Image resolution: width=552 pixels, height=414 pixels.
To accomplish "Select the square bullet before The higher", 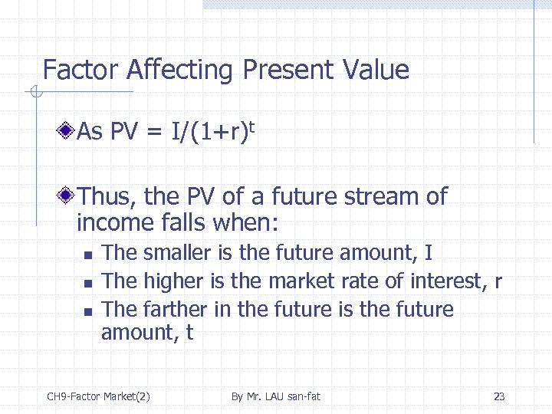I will click(88, 283).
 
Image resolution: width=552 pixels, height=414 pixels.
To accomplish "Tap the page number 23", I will click(499, 396).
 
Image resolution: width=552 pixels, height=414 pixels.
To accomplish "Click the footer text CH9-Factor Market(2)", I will click(98, 396).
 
